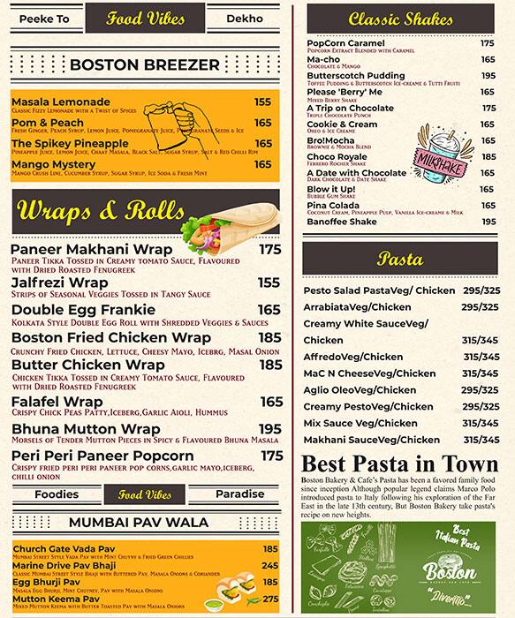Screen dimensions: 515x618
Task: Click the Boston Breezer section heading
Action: [x=144, y=64]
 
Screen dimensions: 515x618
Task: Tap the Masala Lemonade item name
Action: [x=61, y=102]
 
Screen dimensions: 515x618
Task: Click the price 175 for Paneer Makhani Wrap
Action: [x=270, y=250]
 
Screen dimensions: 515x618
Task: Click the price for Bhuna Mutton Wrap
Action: [x=270, y=428]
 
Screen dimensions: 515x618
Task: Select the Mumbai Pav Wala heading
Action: [x=144, y=522]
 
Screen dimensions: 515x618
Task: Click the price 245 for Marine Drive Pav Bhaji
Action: [x=270, y=566]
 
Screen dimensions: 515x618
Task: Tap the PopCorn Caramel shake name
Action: [x=345, y=42]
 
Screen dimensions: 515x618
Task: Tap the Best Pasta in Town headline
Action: [x=400, y=463]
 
